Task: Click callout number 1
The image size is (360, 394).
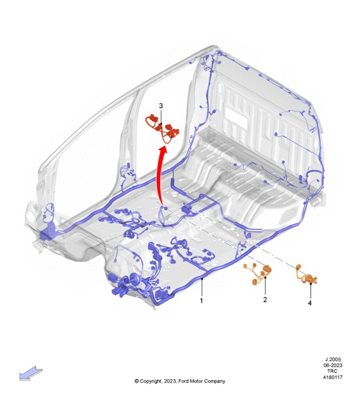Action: pyautogui.click(x=201, y=300)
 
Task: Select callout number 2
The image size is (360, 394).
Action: pyautogui.click(x=265, y=300)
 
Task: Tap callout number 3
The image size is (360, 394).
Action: pyautogui.click(x=161, y=106)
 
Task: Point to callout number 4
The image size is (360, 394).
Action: pyautogui.click(x=310, y=303)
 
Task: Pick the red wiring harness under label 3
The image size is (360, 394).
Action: pyautogui.click(x=162, y=128)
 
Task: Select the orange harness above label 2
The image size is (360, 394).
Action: pyautogui.click(x=257, y=275)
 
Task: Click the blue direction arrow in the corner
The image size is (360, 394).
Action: pyautogui.click(x=31, y=373)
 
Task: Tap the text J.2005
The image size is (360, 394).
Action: pyautogui.click(x=333, y=360)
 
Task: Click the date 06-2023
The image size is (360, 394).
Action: pyautogui.click(x=333, y=365)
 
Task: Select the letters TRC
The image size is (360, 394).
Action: pyautogui.click(x=332, y=371)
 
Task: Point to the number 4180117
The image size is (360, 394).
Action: pyautogui.click(x=332, y=377)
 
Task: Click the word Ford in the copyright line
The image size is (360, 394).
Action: pyautogui.click(x=183, y=381)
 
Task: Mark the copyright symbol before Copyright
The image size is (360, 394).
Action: pyautogui.click(x=137, y=381)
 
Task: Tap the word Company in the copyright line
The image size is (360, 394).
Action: pyautogui.click(x=215, y=381)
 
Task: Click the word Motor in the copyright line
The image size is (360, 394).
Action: pyautogui.click(x=196, y=381)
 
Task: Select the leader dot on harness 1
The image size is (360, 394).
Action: pyautogui.click(x=202, y=279)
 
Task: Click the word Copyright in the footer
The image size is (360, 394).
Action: pyautogui.click(x=151, y=381)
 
